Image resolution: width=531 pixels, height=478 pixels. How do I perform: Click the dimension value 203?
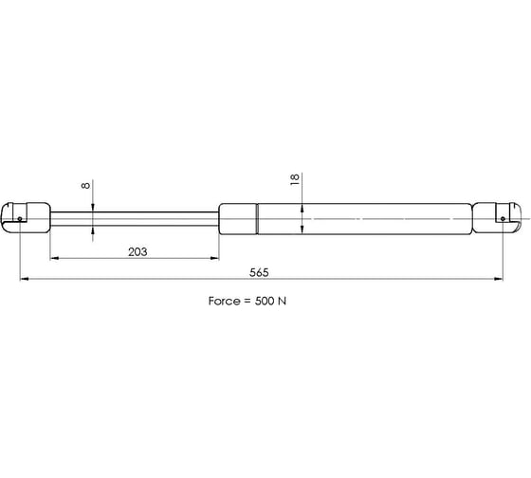[137, 252]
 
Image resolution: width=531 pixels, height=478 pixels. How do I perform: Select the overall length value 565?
[259, 272]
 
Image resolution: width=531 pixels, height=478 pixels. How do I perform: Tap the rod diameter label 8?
[86, 185]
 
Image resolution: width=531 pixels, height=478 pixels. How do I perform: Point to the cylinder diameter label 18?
[295, 179]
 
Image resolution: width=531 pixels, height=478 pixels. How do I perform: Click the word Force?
[224, 301]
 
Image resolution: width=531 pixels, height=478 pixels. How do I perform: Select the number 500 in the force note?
[265, 301]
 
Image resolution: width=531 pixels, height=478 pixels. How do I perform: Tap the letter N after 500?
[283, 301]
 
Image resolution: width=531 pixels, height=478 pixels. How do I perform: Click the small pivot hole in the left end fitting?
[20, 219]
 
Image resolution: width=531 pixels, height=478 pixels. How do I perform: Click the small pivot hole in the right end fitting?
[503, 219]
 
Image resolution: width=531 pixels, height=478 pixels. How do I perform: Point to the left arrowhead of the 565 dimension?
[24, 279]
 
